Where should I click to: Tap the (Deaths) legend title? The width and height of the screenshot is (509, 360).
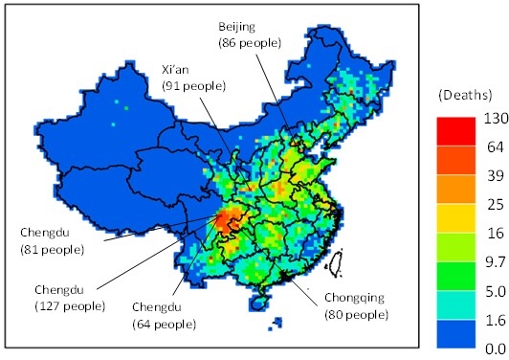point(464,96)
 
